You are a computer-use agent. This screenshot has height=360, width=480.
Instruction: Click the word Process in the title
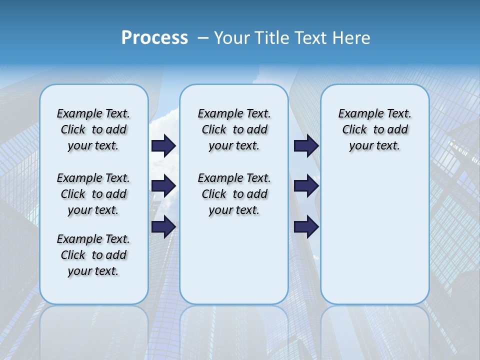(154, 38)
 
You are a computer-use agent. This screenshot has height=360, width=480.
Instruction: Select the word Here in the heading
(350, 38)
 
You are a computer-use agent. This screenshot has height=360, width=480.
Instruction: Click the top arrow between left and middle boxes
(163, 146)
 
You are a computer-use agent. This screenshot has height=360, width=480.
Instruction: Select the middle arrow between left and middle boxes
(163, 186)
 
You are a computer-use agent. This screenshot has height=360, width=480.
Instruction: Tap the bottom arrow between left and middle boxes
(163, 227)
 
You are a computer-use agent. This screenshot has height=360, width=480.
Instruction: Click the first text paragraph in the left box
(93, 129)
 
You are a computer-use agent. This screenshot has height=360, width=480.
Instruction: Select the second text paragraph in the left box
(93, 194)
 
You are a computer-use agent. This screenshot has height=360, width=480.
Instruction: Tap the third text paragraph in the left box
(93, 255)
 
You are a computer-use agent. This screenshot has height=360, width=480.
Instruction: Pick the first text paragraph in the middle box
(234, 129)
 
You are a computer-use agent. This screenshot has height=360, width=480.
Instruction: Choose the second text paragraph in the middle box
(234, 194)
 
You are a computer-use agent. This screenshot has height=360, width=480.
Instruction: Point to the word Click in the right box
(354, 130)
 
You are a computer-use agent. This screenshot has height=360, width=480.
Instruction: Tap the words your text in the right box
(374, 146)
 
